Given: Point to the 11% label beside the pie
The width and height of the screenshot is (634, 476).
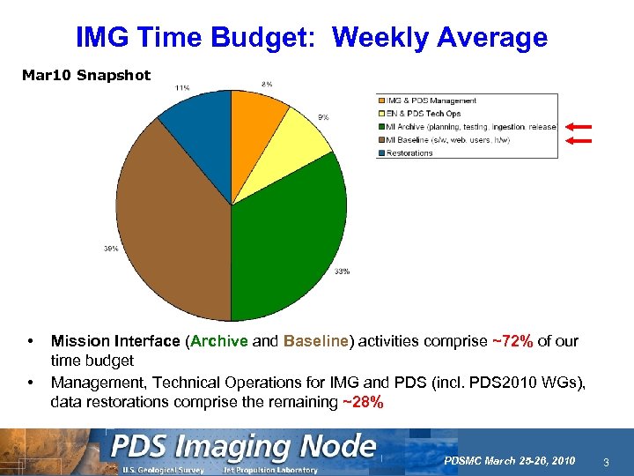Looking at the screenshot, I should [x=182, y=87].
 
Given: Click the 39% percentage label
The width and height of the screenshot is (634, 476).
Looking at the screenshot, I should [x=111, y=249].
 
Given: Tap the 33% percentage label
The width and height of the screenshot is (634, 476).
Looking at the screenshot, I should [x=342, y=271].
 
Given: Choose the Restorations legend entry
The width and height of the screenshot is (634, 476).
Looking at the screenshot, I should [x=409, y=152].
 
